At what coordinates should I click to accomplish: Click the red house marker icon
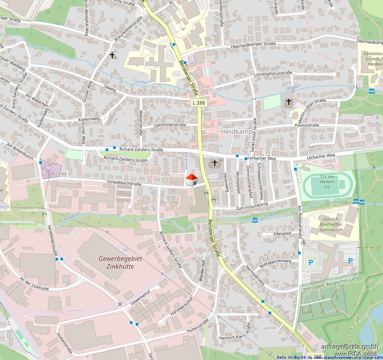191,180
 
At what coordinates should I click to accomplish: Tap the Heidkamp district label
236,132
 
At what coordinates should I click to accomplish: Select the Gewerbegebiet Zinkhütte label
120,262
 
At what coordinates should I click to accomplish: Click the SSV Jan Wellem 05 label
325,182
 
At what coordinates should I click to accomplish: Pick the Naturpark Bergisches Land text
331,284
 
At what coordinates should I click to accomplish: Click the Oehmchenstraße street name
170,125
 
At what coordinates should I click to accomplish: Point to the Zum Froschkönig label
252,208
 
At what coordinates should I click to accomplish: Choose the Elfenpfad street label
282,234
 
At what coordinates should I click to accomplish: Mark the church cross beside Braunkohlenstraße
112,56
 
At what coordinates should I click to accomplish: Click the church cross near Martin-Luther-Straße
288,102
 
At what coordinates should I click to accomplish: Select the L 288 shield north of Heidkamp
199,103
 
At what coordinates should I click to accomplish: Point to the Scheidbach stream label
70,215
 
